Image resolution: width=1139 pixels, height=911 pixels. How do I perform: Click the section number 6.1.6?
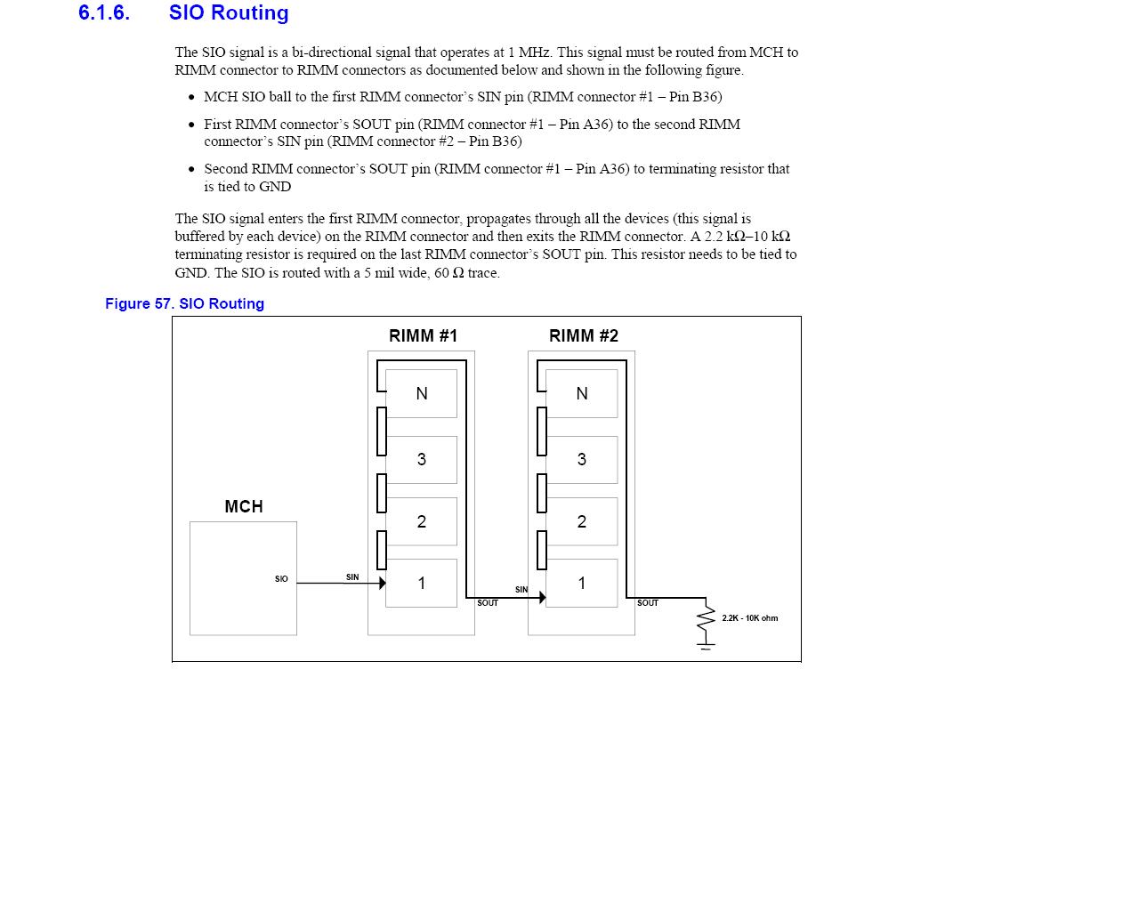click(x=104, y=13)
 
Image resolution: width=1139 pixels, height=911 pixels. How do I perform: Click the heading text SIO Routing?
click(x=229, y=13)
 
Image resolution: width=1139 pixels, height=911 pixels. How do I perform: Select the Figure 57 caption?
click(x=184, y=303)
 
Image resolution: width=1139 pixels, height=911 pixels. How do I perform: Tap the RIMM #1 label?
click(x=423, y=335)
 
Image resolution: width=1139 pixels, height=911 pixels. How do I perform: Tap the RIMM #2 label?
click(x=583, y=335)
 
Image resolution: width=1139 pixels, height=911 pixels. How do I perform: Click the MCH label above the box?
click(x=243, y=506)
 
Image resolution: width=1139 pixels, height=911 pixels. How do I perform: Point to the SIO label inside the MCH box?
click(x=281, y=579)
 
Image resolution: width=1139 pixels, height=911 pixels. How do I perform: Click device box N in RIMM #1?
click(x=422, y=393)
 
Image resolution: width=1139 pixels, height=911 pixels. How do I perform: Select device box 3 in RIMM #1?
click(x=422, y=459)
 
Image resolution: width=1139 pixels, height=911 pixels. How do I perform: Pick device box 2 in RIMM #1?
click(x=422, y=521)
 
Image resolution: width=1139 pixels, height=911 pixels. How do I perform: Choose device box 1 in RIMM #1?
click(x=422, y=583)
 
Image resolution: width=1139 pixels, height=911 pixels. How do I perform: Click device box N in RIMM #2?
click(x=582, y=393)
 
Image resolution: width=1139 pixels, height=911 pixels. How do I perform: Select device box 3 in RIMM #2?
click(x=582, y=459)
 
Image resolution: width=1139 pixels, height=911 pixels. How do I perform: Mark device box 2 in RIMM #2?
click(x=582, y=521)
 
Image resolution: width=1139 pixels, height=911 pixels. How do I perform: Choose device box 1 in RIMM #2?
click(x=582, y=583)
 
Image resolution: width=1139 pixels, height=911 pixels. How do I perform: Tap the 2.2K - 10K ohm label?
click(x=749, y=618)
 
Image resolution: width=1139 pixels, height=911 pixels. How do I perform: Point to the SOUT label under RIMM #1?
click(x=488, y=603)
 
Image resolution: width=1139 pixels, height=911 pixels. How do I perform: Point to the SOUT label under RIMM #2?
click(x=648, y=603)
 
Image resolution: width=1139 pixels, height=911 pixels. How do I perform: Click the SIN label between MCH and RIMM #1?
click(x=352, y=577)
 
